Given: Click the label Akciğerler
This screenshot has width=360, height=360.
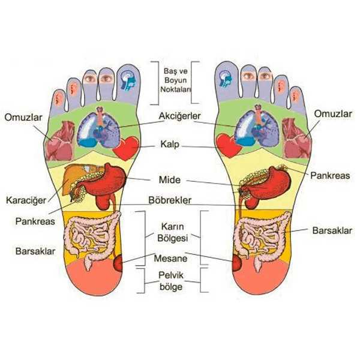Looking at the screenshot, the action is (x=180, y=116).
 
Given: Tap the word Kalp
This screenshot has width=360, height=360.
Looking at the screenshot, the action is (x=170, y=145).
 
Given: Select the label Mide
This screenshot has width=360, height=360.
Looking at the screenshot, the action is (x=170, y=180).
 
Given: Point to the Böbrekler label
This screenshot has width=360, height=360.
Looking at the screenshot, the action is (x=170, y=200).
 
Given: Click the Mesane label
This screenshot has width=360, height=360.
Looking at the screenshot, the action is (x=170, y=259).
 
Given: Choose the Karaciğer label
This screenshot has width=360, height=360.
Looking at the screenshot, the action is (x=26, y=200).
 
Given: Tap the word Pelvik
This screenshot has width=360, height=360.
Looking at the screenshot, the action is (x=171, y=275).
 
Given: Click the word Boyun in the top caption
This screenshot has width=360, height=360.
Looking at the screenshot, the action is (x=175, y=80).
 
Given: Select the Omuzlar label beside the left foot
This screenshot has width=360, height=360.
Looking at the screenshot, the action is (x=23, y=118).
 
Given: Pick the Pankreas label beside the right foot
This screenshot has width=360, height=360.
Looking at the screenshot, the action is (x=330, y=176).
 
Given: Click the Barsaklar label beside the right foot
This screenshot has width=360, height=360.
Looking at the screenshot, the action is (x=332, y=230).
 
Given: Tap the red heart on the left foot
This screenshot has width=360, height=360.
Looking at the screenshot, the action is (x=126, y=148).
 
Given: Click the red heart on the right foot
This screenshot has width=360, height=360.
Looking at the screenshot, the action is (x=229, y=145).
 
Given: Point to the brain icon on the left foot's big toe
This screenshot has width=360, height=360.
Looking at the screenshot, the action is (x=128, y=80).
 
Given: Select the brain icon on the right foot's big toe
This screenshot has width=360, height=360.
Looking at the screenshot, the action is (x=225, y=79).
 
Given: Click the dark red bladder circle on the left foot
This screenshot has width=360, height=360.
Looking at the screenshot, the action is (x=118, y=263).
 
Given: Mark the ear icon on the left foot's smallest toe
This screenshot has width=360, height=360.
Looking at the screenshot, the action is (x=59, y=99).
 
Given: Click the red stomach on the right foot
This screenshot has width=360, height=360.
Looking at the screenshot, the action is (x=268, y=184).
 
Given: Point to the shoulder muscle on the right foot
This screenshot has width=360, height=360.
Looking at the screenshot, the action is (x=296, y=138).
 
